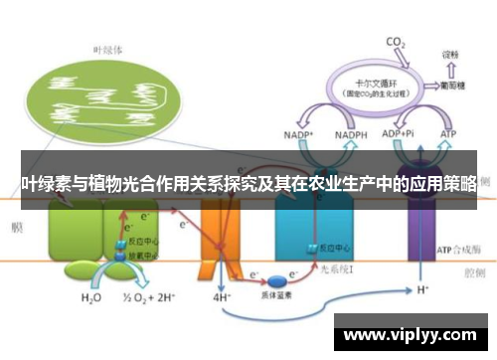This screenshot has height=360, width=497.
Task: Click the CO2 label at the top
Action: pyautogui.click(x=396, y=42)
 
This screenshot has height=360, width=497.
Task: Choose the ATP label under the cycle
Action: pyautogui.click(x=448, y=134)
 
